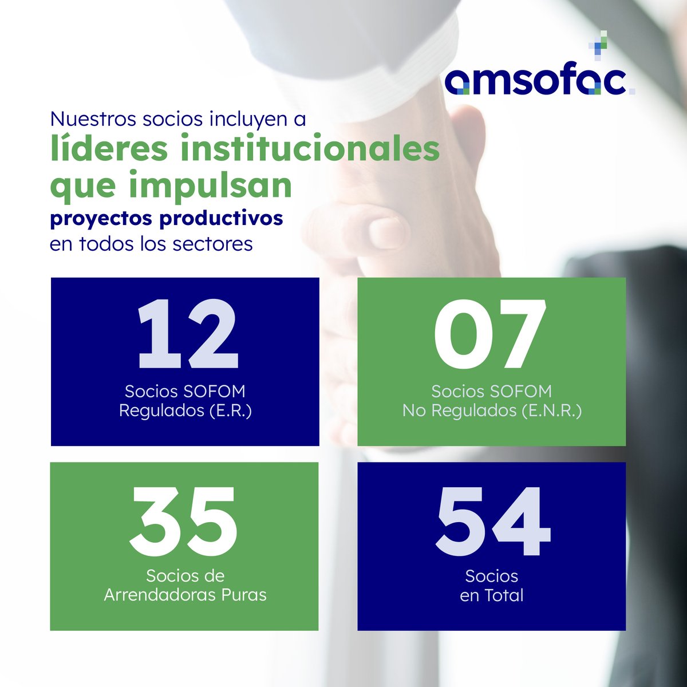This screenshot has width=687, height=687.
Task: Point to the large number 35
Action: point(183,519)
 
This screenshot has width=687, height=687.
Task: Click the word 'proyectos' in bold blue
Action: point(100,219)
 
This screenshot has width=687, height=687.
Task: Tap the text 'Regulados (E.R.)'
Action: point(185,411)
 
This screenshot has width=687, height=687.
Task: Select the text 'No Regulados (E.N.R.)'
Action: point(492,411)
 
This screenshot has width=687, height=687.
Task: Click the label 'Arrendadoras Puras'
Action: point(185,595)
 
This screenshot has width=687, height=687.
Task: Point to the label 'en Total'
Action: point(491,595)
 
